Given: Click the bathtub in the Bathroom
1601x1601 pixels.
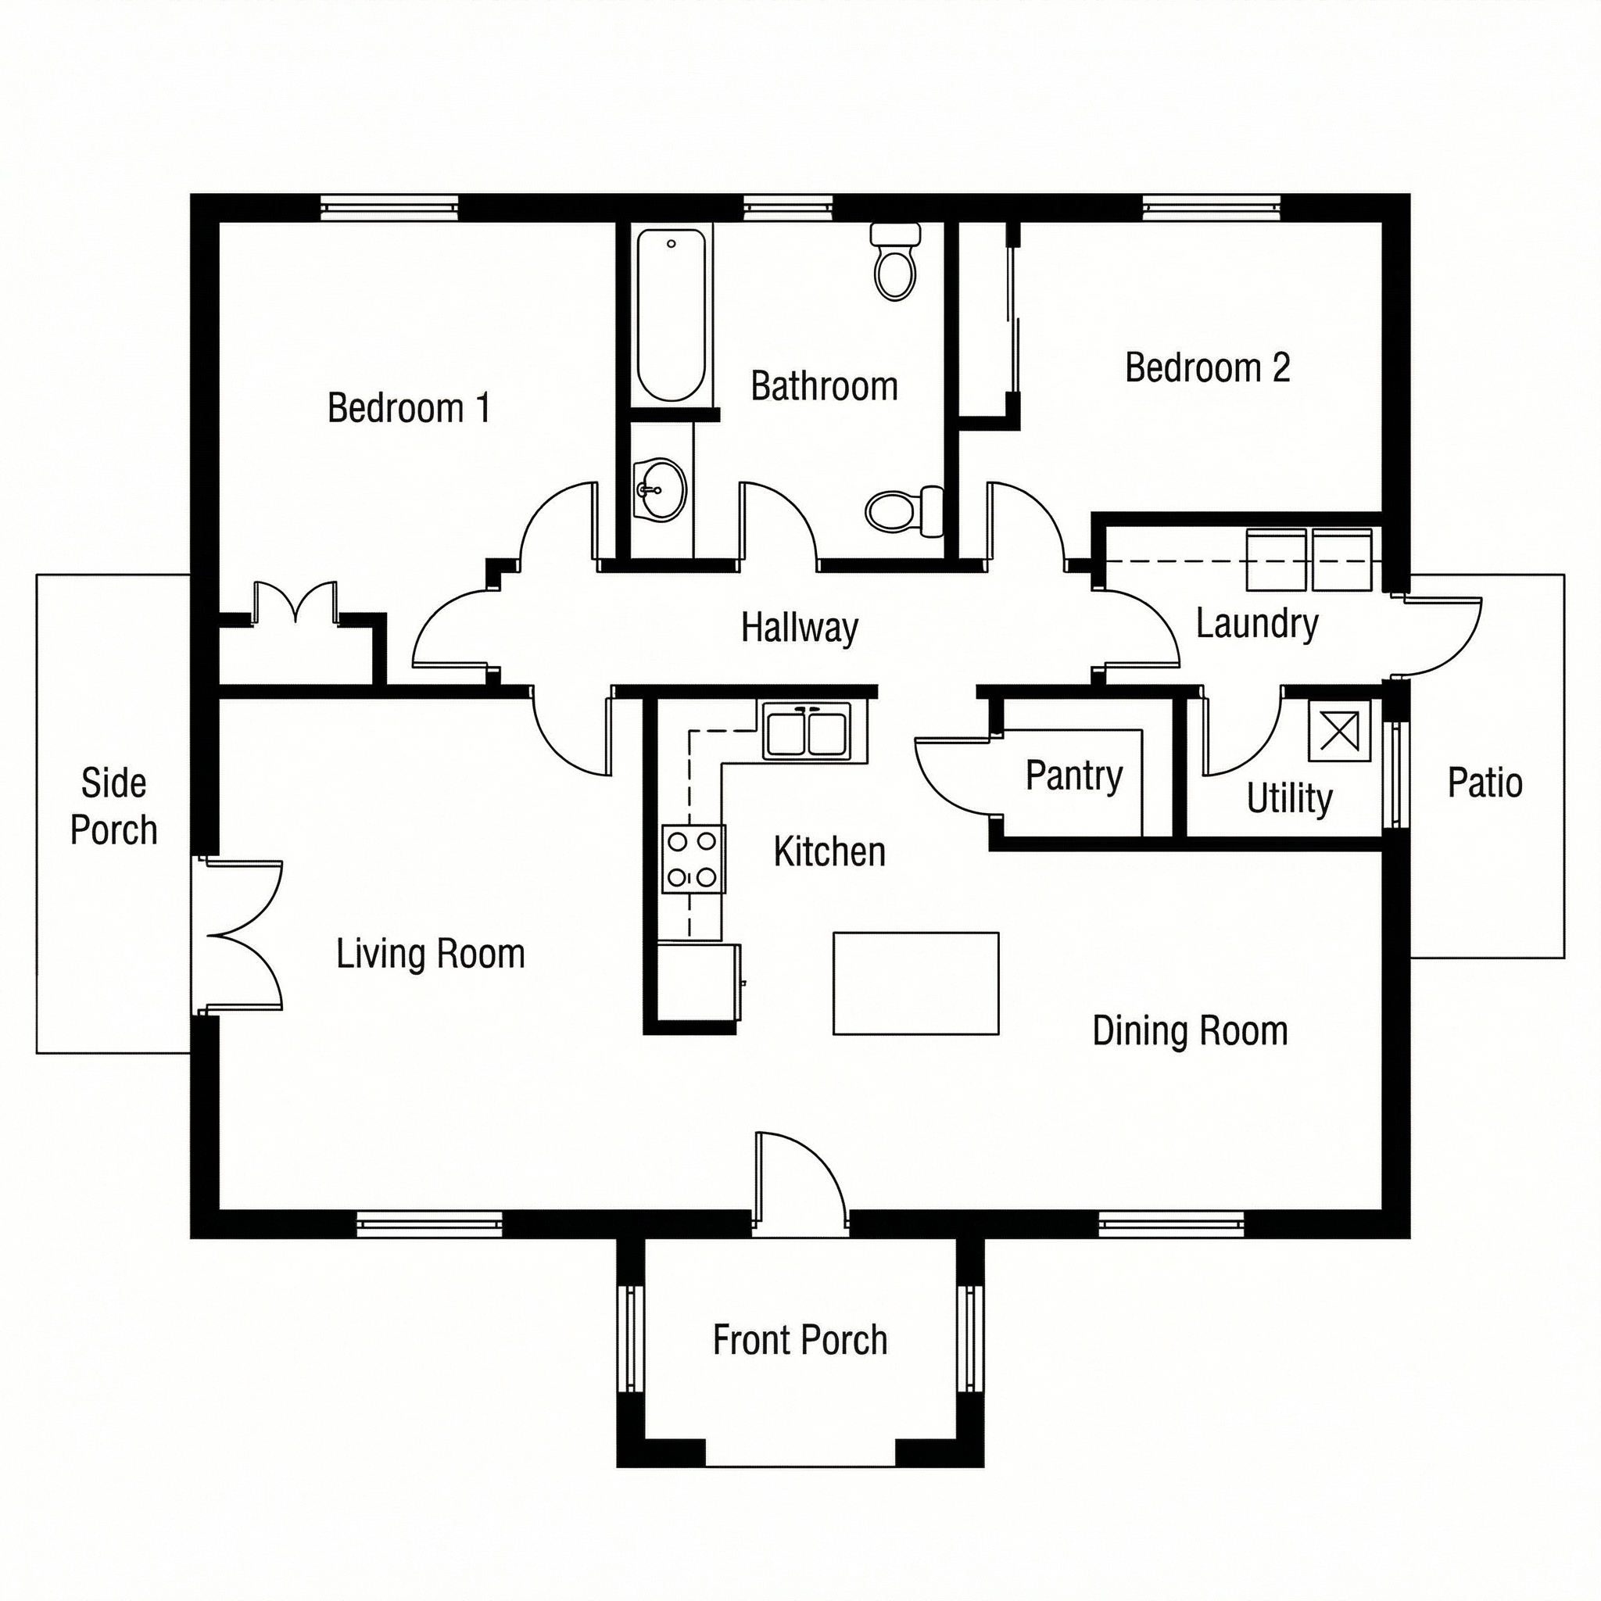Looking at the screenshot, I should click(672, 315).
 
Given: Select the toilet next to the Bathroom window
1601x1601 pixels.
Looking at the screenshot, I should click(895, 263).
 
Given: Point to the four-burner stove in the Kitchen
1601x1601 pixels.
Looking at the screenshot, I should click(693, 858).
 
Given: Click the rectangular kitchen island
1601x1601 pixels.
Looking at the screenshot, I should click(915, 983).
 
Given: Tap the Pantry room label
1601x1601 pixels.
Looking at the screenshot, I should click(1074, 775).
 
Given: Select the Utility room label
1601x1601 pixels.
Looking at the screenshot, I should click(1289, 799).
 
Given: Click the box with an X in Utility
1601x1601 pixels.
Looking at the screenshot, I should click(1339, 731).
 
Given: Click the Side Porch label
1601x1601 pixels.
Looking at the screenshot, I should click(113, 806).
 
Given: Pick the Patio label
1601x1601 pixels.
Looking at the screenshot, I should click(1485, 783).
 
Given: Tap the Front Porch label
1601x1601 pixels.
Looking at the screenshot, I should click(800, 1340).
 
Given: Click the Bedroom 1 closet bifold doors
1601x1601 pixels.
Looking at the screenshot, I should click(295, 603).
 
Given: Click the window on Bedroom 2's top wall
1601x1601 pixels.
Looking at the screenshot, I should click(1212, 207).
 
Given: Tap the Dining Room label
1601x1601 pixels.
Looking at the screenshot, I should click(1190, 1031).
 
